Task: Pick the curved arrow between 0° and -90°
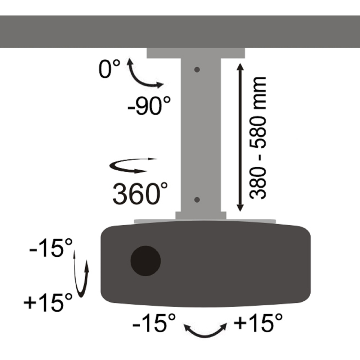[x=142, y=76]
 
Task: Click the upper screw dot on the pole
[x=197, y=69]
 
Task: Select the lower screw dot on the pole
[x=197, y=199]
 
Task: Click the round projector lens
[x=145, y=260]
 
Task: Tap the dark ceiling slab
[x=180, y=31]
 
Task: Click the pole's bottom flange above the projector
[x=201, y=215]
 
